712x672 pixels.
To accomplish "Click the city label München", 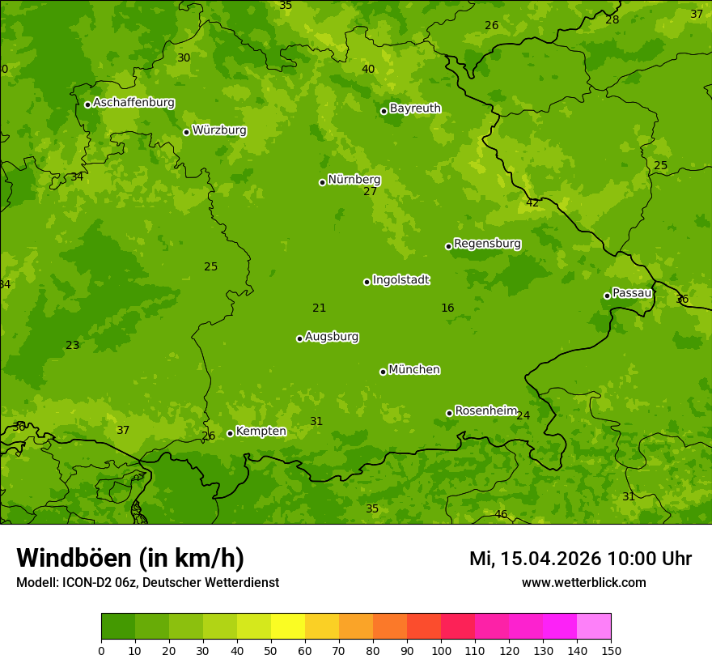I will pyautogui.click(x=414, y=370).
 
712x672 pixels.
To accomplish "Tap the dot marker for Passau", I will pyautogui.click(x=607, y=296).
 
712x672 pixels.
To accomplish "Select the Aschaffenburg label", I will pyautogui.click(x=133, y=103).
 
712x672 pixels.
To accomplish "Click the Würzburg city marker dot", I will pyautogui.click(x=186, y=132).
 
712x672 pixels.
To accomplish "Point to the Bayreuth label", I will pyautogui.click(x=415, y=108).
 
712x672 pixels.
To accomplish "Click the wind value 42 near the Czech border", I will pyautogui.click(x=532, y=203).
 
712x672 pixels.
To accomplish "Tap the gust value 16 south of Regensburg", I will pyautogui.click(x=447, y=308).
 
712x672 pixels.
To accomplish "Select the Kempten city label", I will pyautogui.click(x=261, y=432).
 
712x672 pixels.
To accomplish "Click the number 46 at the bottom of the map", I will pyautogui.click(x=501, y=515).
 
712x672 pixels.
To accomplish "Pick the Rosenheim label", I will pyautogui.click(x=485, y=411).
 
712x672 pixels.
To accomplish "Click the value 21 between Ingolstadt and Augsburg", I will pyautogui.click(x=319, y=308).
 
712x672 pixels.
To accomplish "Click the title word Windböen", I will pyautogui.click(x=74, y=558).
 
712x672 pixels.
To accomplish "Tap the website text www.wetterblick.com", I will pyautogui.click(x=583, y=582).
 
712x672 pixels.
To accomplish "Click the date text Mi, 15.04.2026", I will pyautogui.click(x=535, y=559).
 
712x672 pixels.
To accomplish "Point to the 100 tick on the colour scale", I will pyautogui.click(x=441, y=650).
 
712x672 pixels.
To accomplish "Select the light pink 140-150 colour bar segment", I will pyautogui.click(x=594, y=627).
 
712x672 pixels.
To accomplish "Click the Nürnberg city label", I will pyautogui.click(x=354, y=180).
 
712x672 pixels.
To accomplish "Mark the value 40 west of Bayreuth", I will pyautogui.click(x=368, y=70).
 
